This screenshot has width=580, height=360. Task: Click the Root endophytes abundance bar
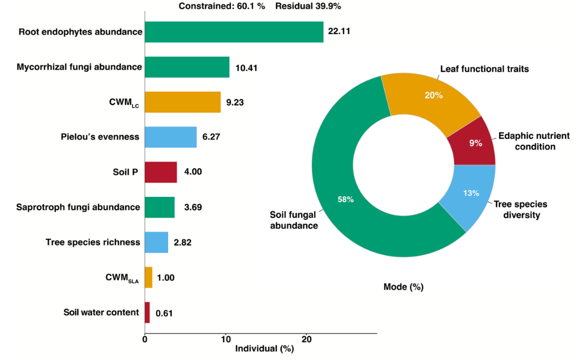(x=234, y=32)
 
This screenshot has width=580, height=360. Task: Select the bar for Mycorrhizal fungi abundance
(x=187, y=67)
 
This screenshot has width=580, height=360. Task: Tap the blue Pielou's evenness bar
(x=170, y=137)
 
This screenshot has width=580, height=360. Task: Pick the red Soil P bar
(x=160, y=172)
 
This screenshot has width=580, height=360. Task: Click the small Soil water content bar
(x=147, y=312)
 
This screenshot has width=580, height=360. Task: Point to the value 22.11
(x=339, y=32)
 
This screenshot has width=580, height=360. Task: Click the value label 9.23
(x=235, y=102)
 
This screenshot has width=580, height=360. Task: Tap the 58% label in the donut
(x=345, y=199)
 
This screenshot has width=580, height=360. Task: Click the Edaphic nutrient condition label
(x=526, y=141)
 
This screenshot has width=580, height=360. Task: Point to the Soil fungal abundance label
(x=294, y=220)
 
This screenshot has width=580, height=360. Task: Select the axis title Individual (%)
(x=264, y=349)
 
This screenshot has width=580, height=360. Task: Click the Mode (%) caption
(x=403, y=287)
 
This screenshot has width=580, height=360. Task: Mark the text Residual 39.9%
(x=308, y=6)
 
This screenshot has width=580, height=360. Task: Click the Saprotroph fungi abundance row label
(x=78, y=207)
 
